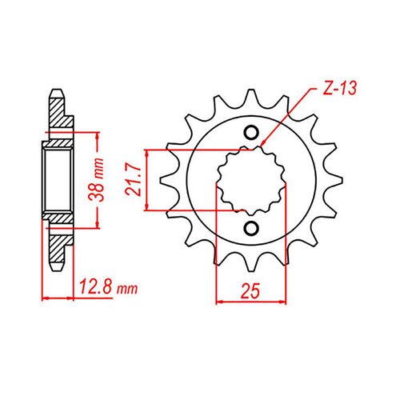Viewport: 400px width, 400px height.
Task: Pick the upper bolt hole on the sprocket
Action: [x=252, y=133]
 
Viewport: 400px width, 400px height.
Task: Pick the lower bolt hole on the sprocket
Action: [x=252, y=229]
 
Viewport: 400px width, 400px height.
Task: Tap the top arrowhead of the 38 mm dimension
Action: [x=97, y=138]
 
